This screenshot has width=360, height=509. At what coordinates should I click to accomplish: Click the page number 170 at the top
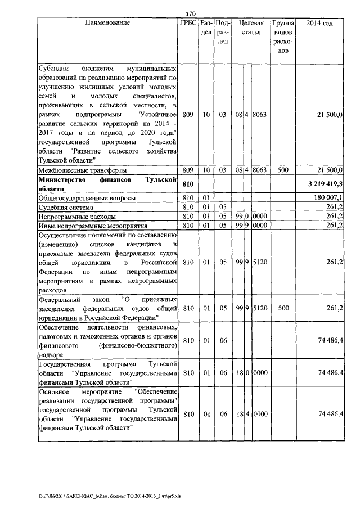click(x=190, y=13)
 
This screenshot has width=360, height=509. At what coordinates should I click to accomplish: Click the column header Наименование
click(x=107, y=24)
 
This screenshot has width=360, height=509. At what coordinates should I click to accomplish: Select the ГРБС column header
click(x=188, y=24)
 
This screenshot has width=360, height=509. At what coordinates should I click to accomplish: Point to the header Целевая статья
click(x=251, y=28)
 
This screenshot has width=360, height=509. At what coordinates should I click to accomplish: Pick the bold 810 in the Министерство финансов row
click(x=188, y=184)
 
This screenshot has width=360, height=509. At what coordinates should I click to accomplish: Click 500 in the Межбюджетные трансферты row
click(x=283, y=170)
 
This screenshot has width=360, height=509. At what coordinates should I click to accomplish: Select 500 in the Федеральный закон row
click(x=283, y=308)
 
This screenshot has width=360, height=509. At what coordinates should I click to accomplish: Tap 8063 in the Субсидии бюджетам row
click(x=260, y=115)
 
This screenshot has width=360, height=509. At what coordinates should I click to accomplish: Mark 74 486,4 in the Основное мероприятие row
click(x=330, y=414)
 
